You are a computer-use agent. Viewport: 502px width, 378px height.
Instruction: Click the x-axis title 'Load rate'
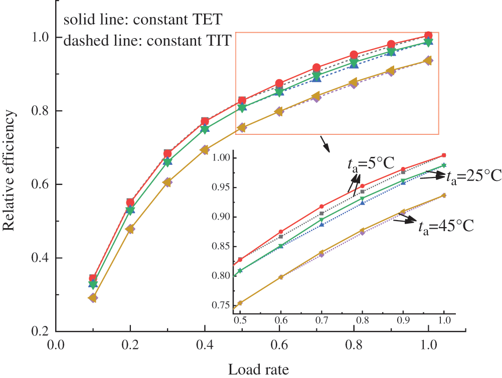pyautogui.click(x=259, y=370)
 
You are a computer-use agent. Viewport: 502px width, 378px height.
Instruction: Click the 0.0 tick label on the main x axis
pyautogui.click(x=56, y=345)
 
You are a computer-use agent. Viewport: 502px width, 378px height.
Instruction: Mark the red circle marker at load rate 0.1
pyautogui.click(x=93, y=278)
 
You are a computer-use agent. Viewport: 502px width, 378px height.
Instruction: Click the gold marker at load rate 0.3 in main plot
pyautogui.click(x=168, y=182)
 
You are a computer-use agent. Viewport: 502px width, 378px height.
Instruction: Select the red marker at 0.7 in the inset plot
pyautogui.click(x=322, y=207)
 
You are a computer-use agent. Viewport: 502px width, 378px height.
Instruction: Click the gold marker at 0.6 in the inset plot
pyautogui.click(x=281, y=277)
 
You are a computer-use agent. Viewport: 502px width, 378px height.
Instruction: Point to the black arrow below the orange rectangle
pyautogui.click(x=326, y=145)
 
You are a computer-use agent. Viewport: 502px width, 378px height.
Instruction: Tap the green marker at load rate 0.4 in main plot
pyautogui.click(x=205, y=129)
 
